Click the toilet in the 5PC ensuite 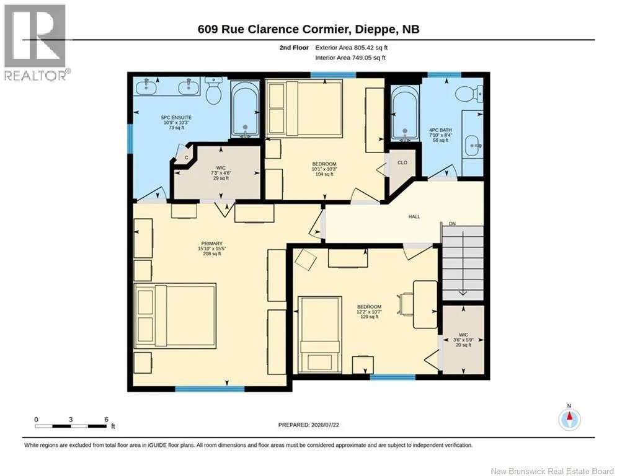pos(214,91)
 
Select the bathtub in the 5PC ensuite pos(245,109)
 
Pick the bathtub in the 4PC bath pos(405,113)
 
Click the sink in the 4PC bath pos(472,146)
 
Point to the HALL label pos(414,216)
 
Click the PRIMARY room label pos(211,244)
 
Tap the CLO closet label pos(402,162)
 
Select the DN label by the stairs pos(453,224)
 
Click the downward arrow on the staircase pos(463,263)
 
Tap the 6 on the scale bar pos(106,420)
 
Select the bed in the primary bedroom pos(175,315)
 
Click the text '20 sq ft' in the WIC pos(463,345)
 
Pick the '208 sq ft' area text pos(211,253)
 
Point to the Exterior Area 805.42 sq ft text pos(352,48)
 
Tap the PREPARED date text pos(309,425)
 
